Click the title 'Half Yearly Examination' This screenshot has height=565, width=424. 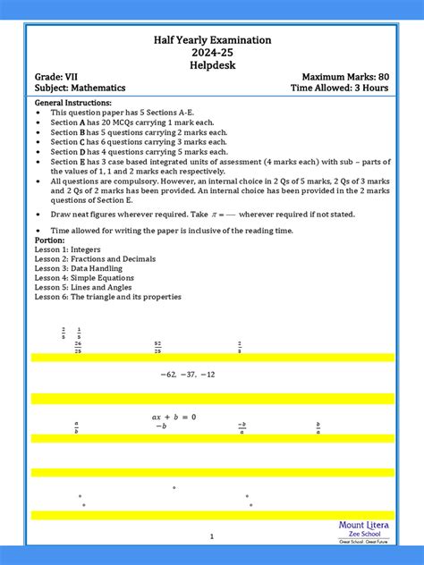click(212, 41)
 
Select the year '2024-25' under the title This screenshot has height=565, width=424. click(212, 53)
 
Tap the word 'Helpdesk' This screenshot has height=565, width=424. click(212, 65)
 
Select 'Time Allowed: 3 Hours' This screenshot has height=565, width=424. click(339, 89)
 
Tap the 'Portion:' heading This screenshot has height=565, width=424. click(49, 240)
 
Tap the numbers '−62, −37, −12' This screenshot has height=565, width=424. click(188, 375)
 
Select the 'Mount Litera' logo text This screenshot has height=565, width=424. click(361, 526)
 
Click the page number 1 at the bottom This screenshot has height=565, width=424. click(212, 536)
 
